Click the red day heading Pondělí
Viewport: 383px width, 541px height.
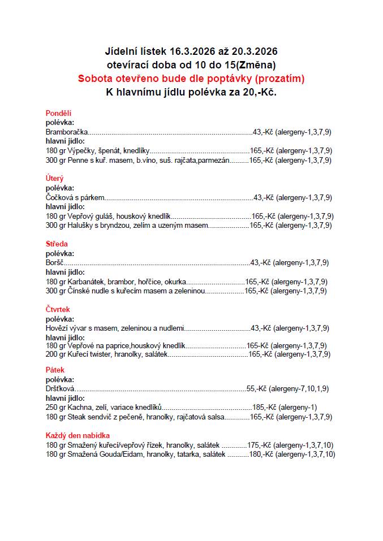[x=58, y=113]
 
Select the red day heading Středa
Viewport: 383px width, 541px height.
[x=57, y=244]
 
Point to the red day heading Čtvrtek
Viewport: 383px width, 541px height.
[x=58, y=309]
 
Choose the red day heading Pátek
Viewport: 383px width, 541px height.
[x=55, y=370]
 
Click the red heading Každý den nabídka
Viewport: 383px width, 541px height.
[x=78, y=435]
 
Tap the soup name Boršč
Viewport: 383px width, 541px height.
[x=54, y=262]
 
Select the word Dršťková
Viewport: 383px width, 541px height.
[x=61, y=388]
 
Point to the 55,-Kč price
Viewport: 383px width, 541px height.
[x=256, y=388]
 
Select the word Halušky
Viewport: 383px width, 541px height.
[x=80, y=225]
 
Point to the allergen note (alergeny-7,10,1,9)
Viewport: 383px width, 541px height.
[x=299, y=388]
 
